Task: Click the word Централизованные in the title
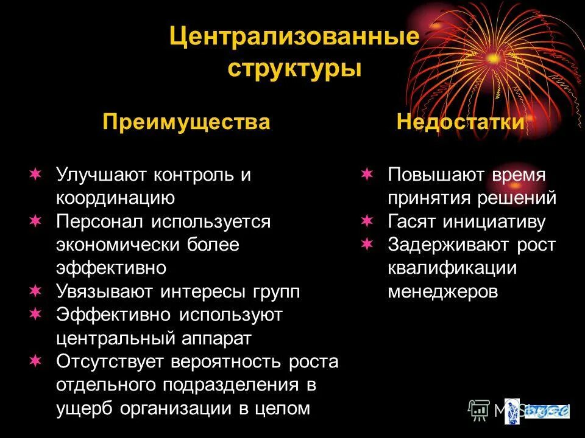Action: tap(294, 37)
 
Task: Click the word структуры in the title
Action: tap(295, 68)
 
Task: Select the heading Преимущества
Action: tap(186, 122)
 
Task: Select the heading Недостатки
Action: tap(460, 122)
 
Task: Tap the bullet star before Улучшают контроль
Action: tap(35, 175)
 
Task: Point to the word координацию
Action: tap(116, 198)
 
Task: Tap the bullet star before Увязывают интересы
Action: tap(35, 291)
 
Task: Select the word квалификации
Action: tap(452, 268)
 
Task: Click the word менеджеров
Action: tap(443, 291)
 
